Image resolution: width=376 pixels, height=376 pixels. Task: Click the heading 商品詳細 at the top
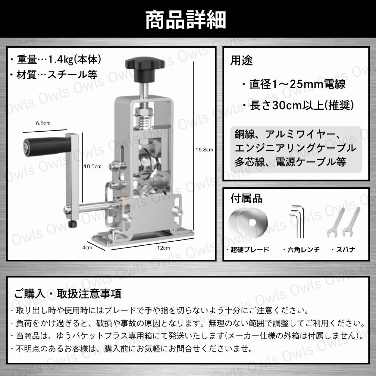pyautogui.click(x=185, y=20)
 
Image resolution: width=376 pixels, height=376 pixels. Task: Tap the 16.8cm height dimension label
pyautogui.click(x=204, y=150)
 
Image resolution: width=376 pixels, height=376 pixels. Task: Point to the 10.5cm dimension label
pyautogui.click(x=92, y=166)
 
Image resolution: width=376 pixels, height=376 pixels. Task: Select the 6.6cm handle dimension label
pyautogui.click(x=43, y=123)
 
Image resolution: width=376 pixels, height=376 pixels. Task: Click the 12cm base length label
pyautogui.click(x=163, y=248)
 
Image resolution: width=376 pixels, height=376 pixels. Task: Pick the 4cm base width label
pyautogui.click(x=87, y=248)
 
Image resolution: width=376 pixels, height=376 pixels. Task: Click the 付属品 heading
pyautogui.click(x=247, y=199)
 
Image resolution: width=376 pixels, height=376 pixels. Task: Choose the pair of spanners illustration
pyautogui.click(x=343, y=222)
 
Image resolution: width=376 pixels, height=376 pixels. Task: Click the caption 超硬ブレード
pyautogui.click(x=250, y=250)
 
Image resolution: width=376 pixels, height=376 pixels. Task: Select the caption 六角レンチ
pyautogui.click(x=304, y=250)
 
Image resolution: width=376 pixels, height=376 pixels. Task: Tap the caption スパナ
pyautogui.click(x=345, y=250)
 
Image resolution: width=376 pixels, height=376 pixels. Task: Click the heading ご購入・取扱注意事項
pyautogui.click(x=68, y=294)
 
